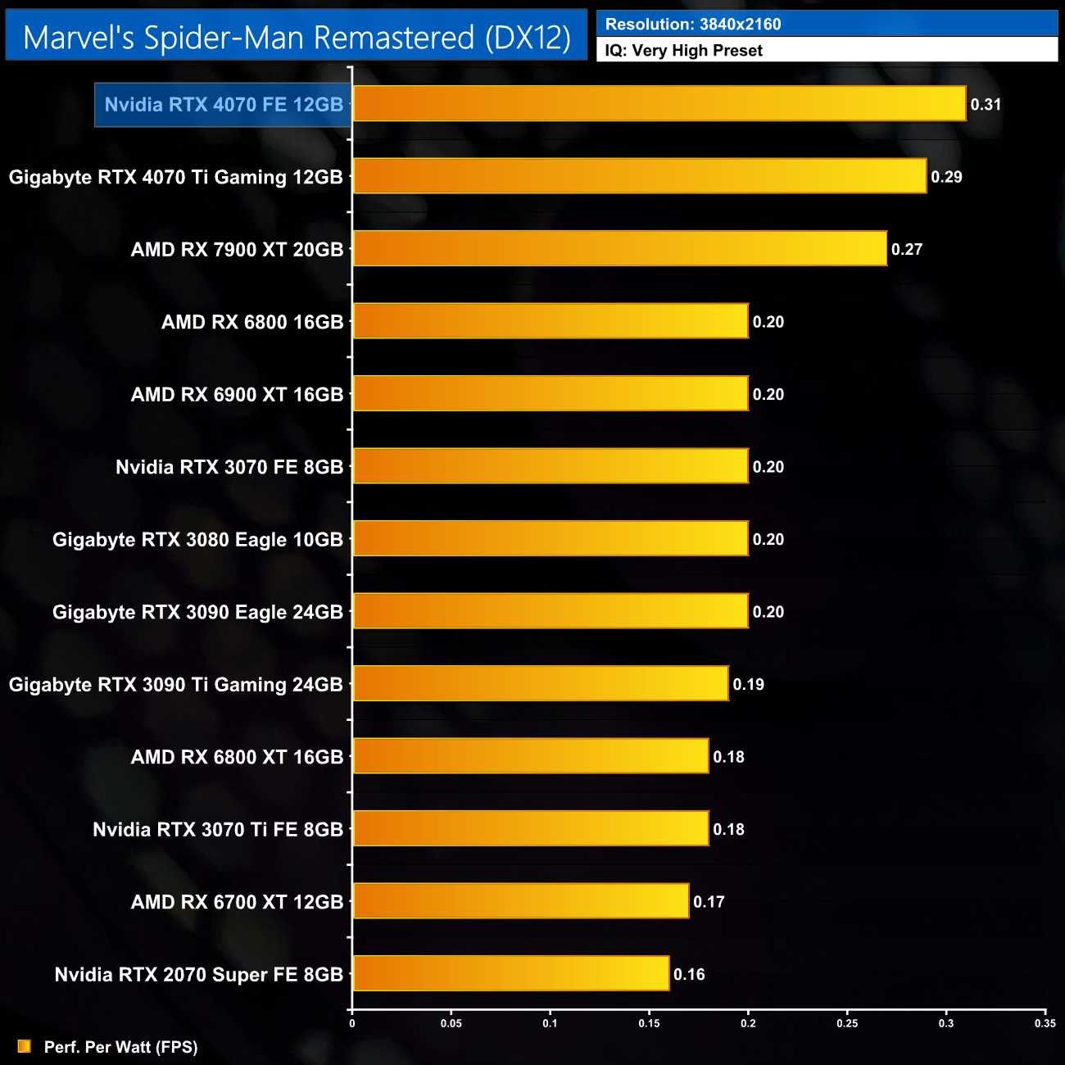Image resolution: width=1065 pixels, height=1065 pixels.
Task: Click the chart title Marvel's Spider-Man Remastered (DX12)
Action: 297,37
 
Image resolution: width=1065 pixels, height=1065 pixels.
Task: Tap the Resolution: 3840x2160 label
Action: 693,24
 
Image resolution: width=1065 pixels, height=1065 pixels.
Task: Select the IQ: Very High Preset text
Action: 684,50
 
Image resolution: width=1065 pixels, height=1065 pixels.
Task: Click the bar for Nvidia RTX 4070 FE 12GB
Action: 659,104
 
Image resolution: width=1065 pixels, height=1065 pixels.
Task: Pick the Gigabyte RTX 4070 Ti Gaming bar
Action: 639,176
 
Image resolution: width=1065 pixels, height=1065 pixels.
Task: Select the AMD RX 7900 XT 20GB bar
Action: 619,249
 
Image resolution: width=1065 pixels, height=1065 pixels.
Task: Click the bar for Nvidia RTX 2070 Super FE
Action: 510,974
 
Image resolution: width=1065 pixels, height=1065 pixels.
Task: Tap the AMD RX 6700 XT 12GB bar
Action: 520,901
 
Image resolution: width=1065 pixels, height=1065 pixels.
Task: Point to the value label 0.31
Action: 986,105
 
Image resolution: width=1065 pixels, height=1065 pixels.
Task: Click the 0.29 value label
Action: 946,177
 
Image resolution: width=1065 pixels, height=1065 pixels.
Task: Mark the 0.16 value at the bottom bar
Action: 689,974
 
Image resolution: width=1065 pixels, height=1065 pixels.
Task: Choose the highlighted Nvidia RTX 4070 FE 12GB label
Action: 224,105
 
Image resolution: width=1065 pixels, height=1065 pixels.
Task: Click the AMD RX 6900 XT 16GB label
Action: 237,395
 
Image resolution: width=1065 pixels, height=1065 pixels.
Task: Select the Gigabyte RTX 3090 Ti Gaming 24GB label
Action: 175,685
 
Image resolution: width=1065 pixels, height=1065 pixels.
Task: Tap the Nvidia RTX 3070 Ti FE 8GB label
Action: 218,830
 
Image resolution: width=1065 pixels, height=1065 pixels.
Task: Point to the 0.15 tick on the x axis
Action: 649,1023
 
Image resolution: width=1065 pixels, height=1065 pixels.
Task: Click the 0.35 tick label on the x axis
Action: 1045,1023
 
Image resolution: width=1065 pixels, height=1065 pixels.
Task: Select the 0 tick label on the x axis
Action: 352,1023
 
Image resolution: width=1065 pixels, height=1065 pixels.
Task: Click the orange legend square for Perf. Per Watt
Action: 25,1047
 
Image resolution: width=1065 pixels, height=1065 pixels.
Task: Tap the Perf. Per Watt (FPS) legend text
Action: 120,1047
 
